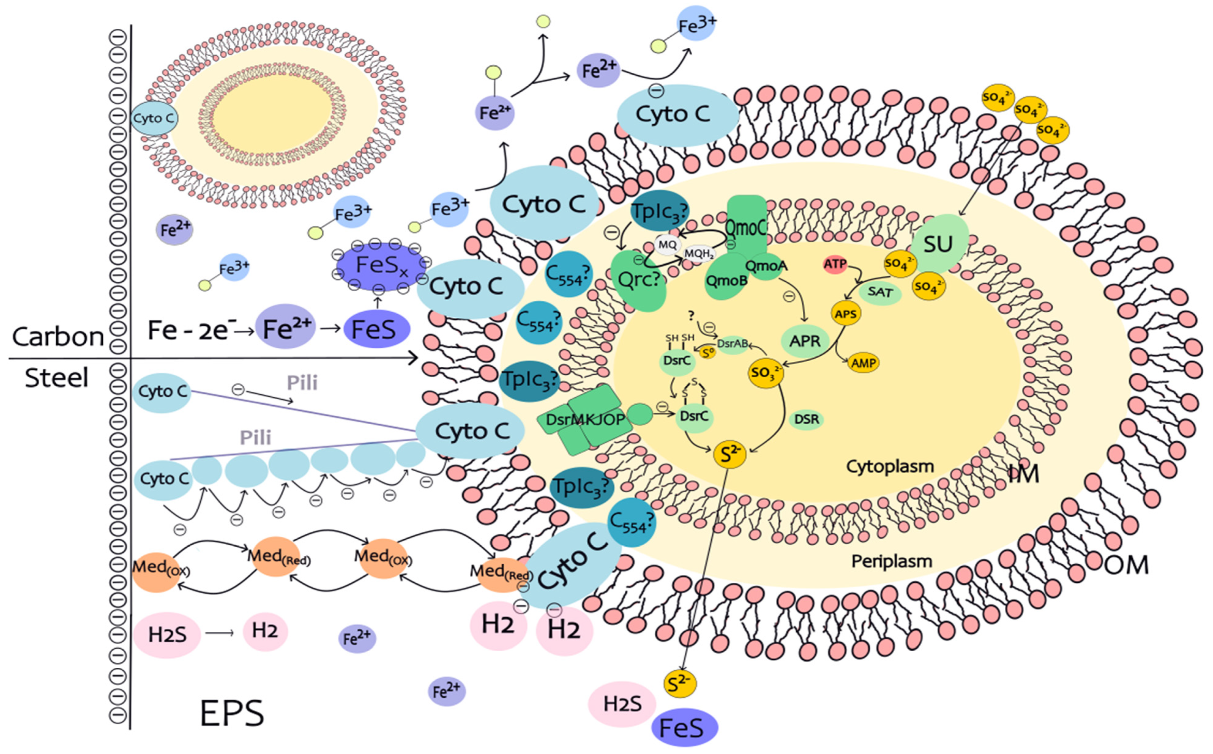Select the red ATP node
835,264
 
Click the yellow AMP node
863,363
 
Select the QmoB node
726,280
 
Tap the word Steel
56,378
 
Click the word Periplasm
891,561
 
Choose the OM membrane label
1126,565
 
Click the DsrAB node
732,344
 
